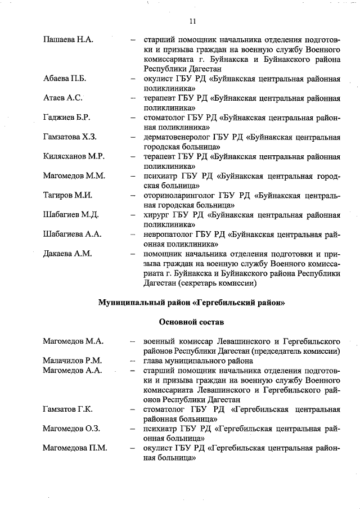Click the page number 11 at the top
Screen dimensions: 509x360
click(x=192, y=22)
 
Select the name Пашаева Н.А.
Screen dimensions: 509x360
click(x=68, y=40)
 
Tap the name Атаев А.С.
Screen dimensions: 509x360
click(x=63, y=98)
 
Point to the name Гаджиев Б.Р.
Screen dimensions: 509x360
click(x=66, y=118)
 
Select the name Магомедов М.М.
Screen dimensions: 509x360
click(x=74, y=176)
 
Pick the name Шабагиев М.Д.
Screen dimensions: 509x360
click(x=71, y=215)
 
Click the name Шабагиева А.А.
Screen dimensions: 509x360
click(x=71, y=234)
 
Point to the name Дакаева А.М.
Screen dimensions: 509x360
click(x=67, y=254)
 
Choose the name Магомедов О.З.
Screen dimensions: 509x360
click(x=71, y=429)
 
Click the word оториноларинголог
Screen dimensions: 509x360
click(x=178, y=195)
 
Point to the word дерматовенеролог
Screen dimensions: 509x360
click(x=176, y=137)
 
